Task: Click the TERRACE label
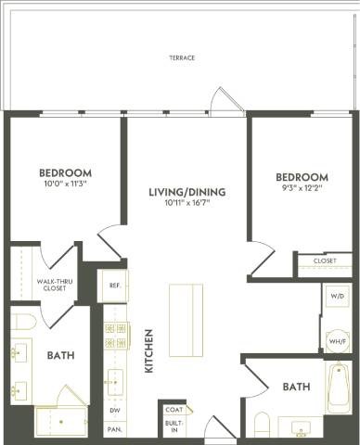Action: [182, 57]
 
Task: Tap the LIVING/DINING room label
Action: [187, 192]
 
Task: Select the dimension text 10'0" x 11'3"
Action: [65, 184]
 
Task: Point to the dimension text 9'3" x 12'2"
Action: [302, 188]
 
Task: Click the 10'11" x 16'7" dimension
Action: [187, 203]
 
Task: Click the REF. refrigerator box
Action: [114, 286]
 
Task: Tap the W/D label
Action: [335, 298]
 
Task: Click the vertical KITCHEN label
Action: [148, 352]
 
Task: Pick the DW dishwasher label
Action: [114, 410]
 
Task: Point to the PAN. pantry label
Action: [114, 429]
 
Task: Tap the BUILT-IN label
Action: [173, 426]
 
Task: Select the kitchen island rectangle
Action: [186, 320]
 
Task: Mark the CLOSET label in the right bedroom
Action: [325, 261]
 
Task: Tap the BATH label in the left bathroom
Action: [61, 354]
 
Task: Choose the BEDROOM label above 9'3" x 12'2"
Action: [302, 177]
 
